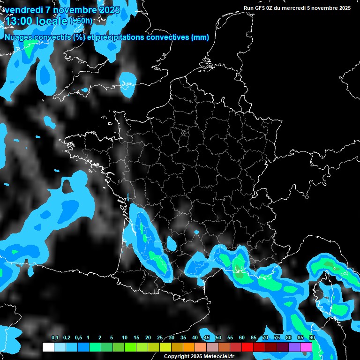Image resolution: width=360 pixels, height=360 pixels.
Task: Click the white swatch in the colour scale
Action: pyautogui.click(x=48, y=347)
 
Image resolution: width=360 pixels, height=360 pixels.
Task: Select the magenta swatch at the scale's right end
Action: pyautogui.click(x=306, y=347)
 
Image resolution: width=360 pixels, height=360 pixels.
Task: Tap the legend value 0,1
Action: pyautogui.click(x=55, y=338)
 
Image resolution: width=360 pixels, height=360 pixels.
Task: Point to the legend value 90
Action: pyautogui.click(x=312, y=338)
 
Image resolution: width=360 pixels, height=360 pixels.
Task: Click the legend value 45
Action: pyautogui.click(x=207, y=338)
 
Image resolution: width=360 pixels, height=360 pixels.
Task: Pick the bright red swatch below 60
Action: pyautogui.click(x=247, y=347)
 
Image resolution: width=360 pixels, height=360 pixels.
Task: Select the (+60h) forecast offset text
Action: pyautogui.click(x=81, y=21)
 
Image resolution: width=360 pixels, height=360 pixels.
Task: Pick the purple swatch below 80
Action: pyautogui.click(x=294, y=347)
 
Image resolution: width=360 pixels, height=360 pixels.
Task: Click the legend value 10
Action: pyautogui.click(x=125, y=338)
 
